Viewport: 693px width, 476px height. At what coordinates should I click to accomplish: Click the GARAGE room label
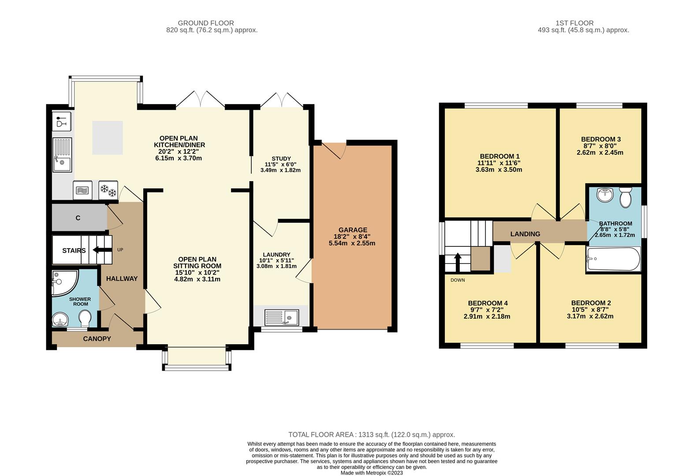pos(353,230)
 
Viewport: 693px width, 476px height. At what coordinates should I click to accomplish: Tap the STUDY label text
pos(281,158)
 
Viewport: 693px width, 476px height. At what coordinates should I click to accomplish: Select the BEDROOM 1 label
pos(499,156)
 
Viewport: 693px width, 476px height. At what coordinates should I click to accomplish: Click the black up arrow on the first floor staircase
pos(458,262)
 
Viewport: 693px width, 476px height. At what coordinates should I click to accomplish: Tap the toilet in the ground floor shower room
pos(85,318)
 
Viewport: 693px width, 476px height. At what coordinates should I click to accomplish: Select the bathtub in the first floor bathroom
pos(613,259)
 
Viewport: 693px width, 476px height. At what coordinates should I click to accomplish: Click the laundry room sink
pos(282,317)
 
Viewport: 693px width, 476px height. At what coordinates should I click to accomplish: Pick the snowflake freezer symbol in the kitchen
pos(108,190)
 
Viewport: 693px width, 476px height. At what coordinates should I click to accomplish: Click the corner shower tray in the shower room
pos(64,283)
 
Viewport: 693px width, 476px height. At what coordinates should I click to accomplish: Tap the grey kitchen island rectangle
pos(108,138)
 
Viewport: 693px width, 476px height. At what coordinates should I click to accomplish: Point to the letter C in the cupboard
pos(78,218)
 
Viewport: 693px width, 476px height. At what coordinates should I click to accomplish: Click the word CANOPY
pos(97,338)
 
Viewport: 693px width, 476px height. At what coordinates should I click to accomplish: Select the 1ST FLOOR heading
pos(574,23)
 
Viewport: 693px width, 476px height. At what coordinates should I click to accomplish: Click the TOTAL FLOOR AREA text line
pos(372,435)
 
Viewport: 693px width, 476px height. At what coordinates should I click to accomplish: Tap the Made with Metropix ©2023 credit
pos(372,473)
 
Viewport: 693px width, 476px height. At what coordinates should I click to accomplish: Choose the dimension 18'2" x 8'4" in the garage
pos(353,237)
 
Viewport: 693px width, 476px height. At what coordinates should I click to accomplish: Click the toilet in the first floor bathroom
pos(626,197)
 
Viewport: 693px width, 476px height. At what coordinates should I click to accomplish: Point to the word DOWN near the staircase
pos(458,280)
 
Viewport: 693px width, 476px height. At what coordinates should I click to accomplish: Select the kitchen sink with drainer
pos(62,155)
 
